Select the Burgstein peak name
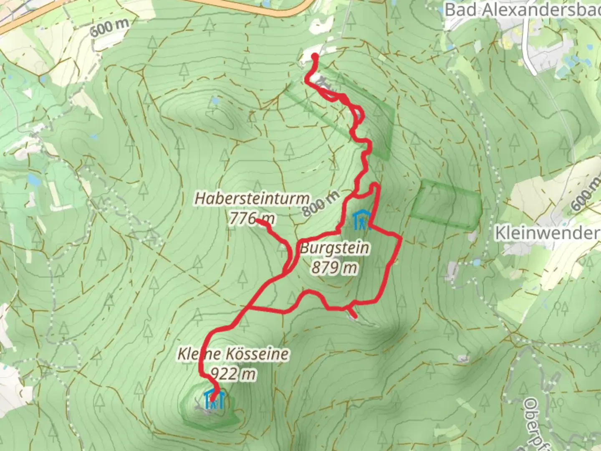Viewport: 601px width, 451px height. click(335, 248)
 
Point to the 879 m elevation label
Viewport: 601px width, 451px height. click(334, 267)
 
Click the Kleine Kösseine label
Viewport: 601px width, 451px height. click(233, 355)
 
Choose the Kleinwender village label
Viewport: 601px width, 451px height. click(547, 233)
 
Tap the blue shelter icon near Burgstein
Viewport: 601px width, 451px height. click(361, 220)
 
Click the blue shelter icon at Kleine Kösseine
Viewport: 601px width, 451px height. click(215, 400)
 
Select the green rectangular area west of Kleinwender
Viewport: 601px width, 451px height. click(446, 204)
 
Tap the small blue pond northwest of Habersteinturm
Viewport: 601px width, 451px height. click(214, 101)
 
